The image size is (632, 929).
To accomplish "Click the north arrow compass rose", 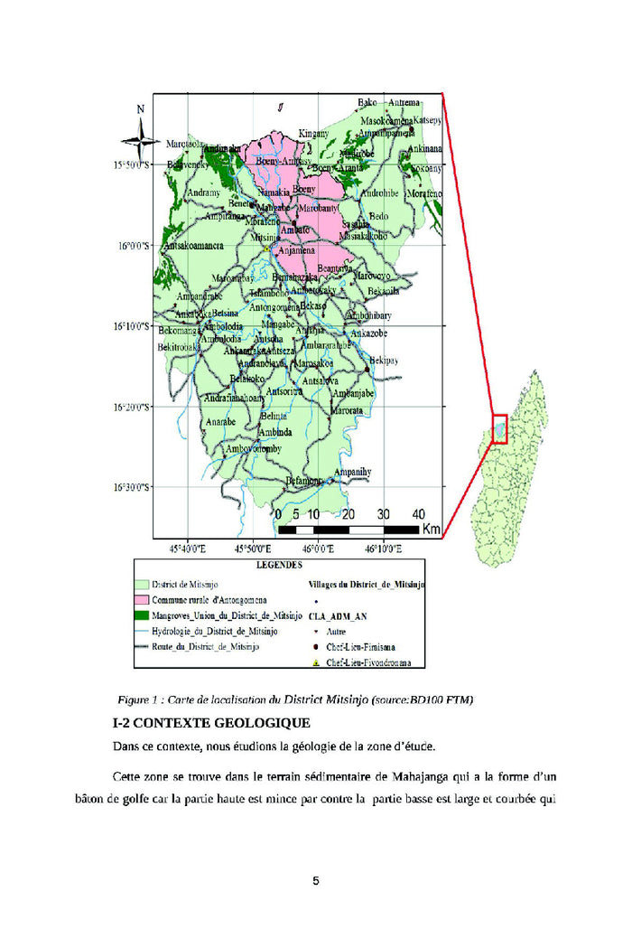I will tap(140, 135).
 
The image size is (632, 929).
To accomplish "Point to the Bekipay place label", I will tap(383, 361).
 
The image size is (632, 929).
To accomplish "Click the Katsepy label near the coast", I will tap(427, 120).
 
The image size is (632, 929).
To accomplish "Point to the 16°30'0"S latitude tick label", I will tap(133, 487).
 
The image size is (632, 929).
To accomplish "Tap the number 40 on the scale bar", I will tap(417, 513).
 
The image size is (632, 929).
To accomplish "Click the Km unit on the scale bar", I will tap(431, 529).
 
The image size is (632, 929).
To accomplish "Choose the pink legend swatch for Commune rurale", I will tap(141, 600).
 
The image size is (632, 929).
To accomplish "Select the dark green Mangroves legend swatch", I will tap(141, 615).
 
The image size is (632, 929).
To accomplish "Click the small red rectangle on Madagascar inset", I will tap(499, 427).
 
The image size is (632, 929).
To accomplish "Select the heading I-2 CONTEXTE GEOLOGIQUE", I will tap(211, 723).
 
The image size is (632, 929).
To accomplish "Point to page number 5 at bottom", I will tap(316, 881).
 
